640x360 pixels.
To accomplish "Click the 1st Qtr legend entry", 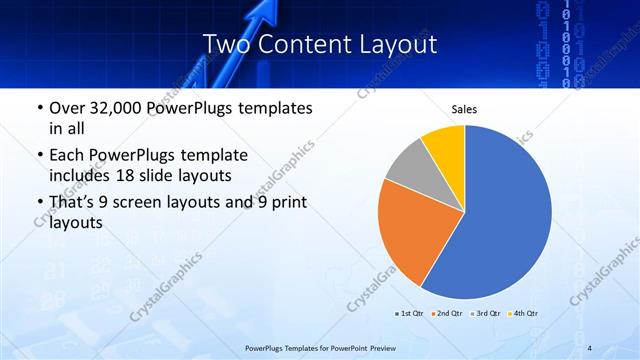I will click(411, 313).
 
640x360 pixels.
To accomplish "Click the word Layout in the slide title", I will click(397, 45).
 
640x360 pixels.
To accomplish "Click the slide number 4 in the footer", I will click(590, 348).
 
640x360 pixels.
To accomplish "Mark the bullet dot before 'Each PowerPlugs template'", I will click(38, 157).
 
